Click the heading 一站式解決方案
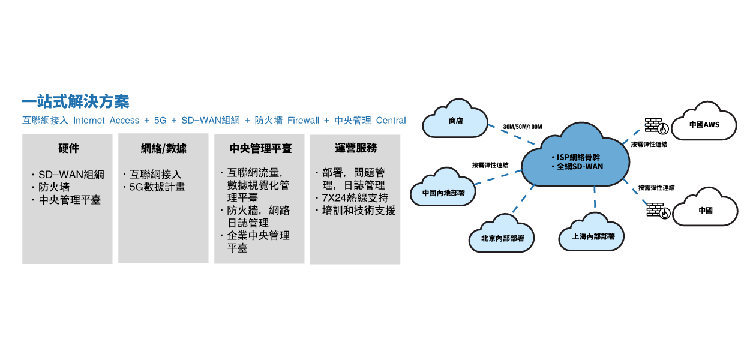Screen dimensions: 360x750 tap(76, 101)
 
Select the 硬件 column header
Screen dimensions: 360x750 tap(68, 148)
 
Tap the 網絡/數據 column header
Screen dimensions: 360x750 tap(163, 148)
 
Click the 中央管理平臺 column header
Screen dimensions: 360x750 tap(260, 148)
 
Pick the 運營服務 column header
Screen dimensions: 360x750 tap(356, 148)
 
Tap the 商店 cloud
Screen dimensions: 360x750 tap(455, 121)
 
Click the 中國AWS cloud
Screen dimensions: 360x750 tap(704, 125)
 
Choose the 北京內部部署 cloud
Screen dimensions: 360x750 tap(502, 238)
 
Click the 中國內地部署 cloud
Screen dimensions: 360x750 tap(443, 193)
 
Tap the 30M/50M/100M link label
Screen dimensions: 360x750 tap(522, 127)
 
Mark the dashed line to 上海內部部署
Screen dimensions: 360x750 tap(595, 199)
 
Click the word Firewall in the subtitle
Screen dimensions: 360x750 tap(303, 121)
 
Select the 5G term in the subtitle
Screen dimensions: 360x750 tap(160, 121)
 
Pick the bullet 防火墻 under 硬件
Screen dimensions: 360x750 tap(54, 187)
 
